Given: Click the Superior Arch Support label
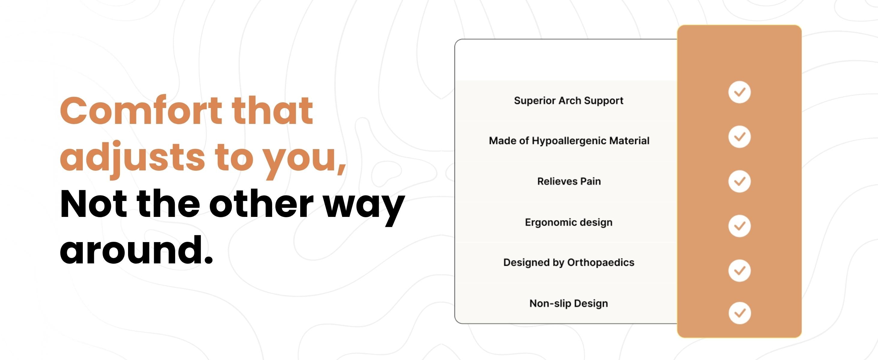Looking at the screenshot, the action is pos(569,101).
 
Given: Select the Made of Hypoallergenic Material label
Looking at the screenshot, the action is pos(569,141).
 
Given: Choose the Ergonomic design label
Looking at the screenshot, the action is pos(569,222).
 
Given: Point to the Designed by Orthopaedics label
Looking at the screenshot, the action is pos(569,262).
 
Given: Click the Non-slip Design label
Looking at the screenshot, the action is pos(569,303).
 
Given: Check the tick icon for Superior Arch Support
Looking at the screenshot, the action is pos(739,92).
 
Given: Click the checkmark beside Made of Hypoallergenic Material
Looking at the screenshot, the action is pos(739,137).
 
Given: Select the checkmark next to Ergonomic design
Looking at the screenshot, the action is pos(739,226).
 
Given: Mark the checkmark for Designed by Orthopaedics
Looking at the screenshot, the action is pos(739,270).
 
